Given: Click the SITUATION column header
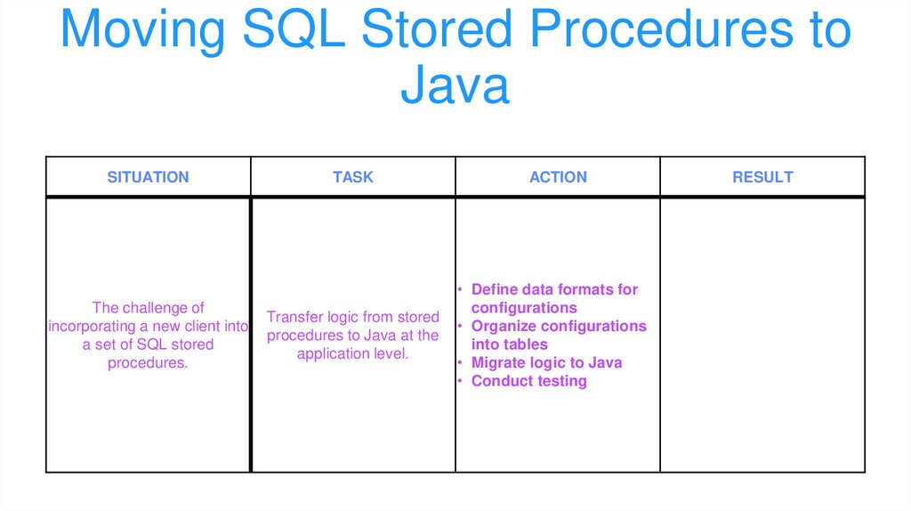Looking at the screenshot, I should [148, 177].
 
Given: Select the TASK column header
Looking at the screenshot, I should [353, 177].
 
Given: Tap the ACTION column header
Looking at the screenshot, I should [558, 177].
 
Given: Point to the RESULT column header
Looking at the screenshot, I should [762, 177].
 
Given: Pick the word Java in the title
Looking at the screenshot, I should [455, 86].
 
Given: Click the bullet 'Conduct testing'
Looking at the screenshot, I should [528, 381].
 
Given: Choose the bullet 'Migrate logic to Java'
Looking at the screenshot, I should [546, 362].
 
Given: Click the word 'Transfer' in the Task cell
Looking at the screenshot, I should [294, 317].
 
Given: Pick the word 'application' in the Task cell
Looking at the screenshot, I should [333, 353].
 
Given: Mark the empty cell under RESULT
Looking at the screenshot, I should [762, 334].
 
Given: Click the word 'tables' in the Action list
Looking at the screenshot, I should [526, 345].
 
